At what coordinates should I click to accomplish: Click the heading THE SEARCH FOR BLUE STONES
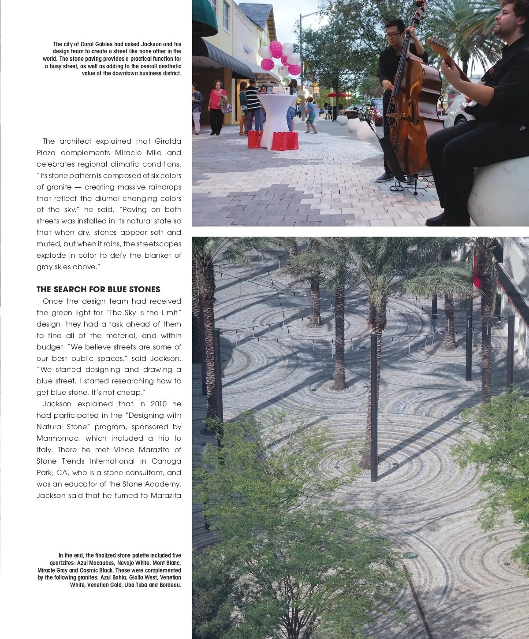(x=98, y=290)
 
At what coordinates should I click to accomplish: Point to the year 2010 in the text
(x=159, y=404)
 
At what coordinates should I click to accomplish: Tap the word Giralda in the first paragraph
(x=168, y=141)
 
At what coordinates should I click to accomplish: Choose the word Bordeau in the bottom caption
(x=170, y=585)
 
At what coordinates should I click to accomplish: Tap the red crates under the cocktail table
(x=273, y=140)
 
